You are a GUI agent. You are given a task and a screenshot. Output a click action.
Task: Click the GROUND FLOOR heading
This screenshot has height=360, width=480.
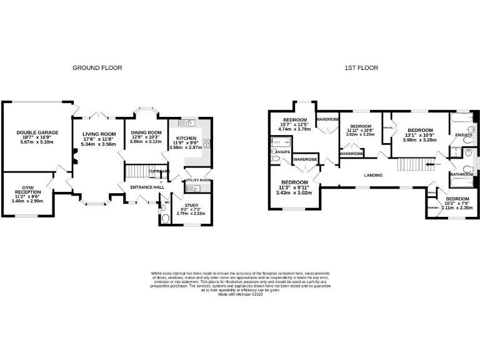tap(97, 67)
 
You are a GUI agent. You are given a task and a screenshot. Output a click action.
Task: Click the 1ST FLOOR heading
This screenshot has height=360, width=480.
tap(361, 67)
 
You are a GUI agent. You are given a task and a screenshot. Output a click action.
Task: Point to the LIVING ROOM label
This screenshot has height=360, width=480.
tap(99, 134)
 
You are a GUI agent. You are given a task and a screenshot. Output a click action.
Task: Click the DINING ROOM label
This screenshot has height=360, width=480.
tap(145, 132)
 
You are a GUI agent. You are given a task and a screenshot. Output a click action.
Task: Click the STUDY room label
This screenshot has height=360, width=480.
tap(191, 204)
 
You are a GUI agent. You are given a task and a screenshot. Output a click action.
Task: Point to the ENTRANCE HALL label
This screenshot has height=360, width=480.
tap(147, 187)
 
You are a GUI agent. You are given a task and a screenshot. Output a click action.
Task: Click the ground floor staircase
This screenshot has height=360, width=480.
tap(139, 171)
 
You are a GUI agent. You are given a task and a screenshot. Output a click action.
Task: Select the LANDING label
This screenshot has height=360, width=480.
tap(373, 175)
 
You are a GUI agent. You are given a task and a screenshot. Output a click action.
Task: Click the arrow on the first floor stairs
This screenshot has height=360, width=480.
tap(429, 164)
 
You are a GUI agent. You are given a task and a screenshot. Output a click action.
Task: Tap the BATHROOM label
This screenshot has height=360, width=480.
tap(461, 174)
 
